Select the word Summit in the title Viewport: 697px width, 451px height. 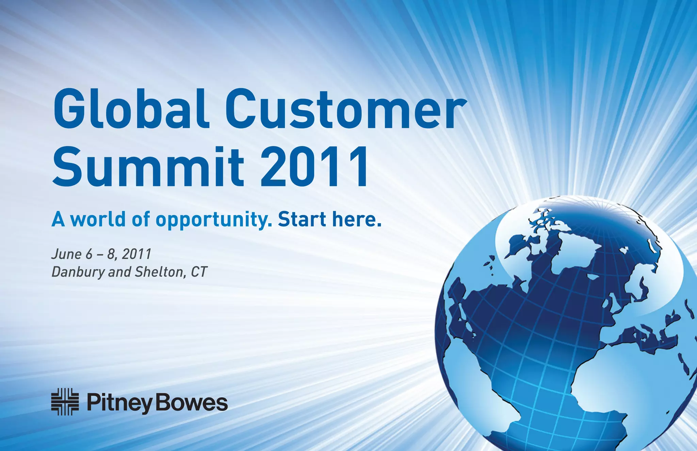148,167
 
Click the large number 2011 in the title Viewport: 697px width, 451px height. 315,167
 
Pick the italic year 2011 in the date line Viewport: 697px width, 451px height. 136,254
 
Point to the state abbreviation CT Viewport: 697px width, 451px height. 199,272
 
